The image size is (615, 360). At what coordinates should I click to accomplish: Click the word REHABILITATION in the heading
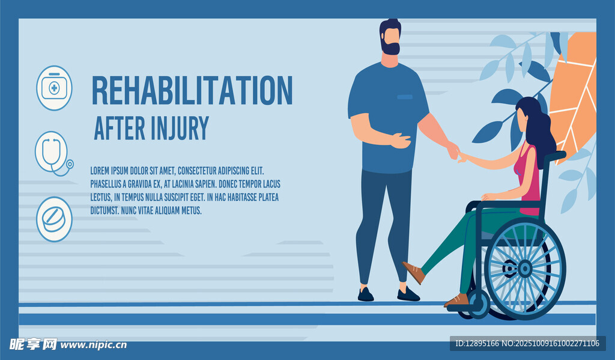point(192,90)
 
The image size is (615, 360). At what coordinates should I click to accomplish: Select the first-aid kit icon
point(54,88)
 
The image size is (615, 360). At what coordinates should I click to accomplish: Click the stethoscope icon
point(54,153)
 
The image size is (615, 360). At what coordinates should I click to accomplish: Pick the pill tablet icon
point(54,219)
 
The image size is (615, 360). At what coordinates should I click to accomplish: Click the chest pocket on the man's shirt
point(405,97)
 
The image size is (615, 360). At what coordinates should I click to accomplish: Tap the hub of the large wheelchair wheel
point(525,269)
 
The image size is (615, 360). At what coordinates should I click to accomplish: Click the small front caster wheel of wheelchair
point(478,304)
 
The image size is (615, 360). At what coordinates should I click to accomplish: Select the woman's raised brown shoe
point(414,272)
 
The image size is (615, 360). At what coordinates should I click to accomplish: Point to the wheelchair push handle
point(556,157)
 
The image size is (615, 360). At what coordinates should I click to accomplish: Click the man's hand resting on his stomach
point(401,141)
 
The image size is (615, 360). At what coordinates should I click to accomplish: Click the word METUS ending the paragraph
point(191,210)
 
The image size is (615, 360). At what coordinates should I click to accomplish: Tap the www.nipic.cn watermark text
point(93,345)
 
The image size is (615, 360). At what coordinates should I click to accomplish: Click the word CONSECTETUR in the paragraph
point(196,171)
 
